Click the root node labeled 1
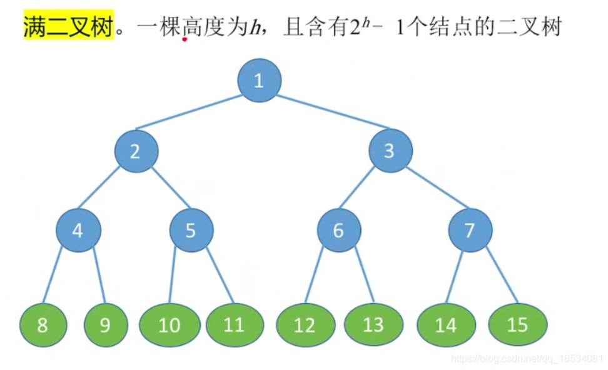260,80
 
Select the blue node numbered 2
136,151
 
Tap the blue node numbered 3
390,151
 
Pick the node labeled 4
78,231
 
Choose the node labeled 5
191,231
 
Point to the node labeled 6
338,231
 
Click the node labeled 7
470,231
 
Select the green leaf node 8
43,325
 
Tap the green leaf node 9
106,325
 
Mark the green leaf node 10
170,325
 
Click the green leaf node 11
234,325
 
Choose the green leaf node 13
373,325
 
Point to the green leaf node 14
446,325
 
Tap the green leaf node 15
517,325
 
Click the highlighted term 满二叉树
69,27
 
